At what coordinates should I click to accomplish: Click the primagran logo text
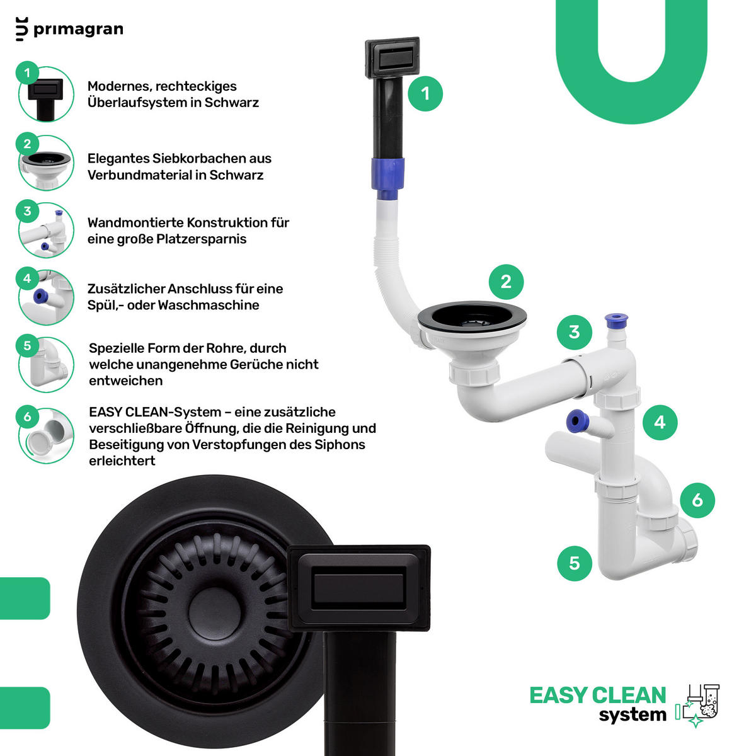[x=78, y=30]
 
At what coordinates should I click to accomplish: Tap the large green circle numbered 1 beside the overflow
[x=425, y=94]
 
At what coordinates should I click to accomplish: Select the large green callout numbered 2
[x=506, y=282]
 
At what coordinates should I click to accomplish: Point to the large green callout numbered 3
[x=574, y=332]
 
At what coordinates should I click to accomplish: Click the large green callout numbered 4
[x=660, y=422]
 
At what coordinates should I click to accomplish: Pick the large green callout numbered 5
[x=575, y=563]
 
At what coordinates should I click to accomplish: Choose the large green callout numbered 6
[x=697, y=500]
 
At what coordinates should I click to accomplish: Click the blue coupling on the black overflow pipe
[x=387, y=178]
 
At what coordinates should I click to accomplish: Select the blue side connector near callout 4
[x=576, y=421]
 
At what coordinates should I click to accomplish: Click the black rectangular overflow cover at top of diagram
[x=392, y=58]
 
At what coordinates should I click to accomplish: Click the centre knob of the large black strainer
[x=214, y=612]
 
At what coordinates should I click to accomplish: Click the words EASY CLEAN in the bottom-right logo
[x=598, y=696]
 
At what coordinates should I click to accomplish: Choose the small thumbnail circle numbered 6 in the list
[x=46, y=435]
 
